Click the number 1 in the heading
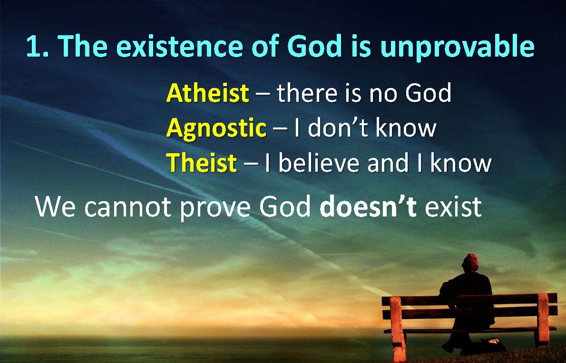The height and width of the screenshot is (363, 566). [x=34, y=46]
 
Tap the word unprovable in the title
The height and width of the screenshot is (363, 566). [x=458, y=47]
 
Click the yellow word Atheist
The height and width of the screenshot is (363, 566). [x=207, y=93]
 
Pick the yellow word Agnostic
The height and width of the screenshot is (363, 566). [x=216, y=129]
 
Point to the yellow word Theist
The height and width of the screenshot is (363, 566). [x=201, y=163]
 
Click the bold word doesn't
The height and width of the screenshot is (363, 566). [x=368, y=206]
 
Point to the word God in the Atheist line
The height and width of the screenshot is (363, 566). [x=428, y=93]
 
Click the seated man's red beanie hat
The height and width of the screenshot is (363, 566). [x=470, y=262]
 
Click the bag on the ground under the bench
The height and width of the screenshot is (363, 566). [x=491, y=344]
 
